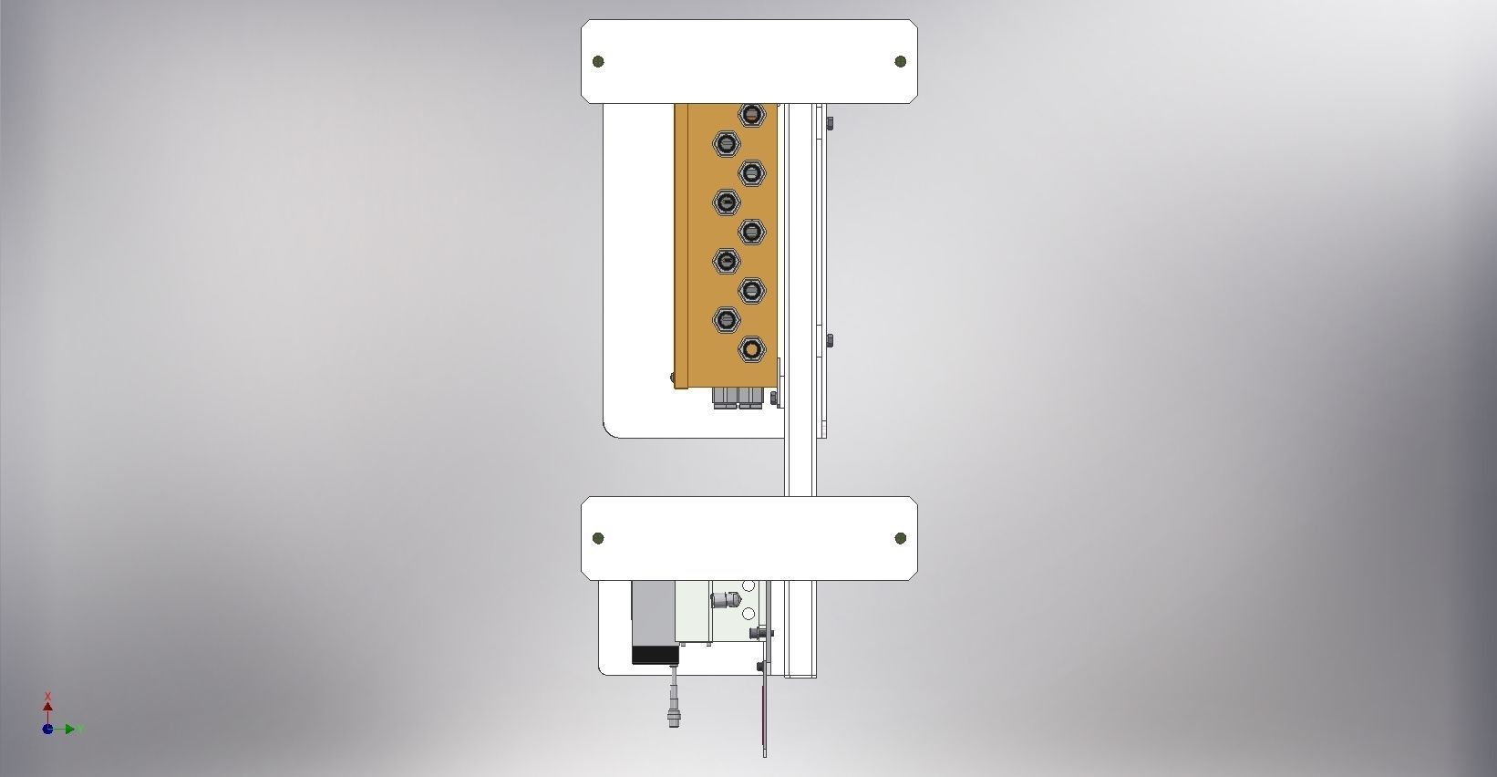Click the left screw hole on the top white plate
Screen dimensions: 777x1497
pos(598,61)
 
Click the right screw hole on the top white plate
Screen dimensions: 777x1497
pos(901,61)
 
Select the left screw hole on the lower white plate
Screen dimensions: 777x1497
pos(598,538)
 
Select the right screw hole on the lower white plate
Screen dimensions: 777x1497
pos(901,538)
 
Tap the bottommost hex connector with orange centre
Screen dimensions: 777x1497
pos(750,348)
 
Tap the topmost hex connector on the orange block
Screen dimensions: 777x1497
pos(750,115)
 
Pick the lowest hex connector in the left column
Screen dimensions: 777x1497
pos(726,319)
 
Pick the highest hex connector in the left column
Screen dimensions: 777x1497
pos(726,143)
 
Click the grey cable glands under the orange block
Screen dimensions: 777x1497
pos(737,397)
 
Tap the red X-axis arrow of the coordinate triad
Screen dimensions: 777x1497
pos(47,705)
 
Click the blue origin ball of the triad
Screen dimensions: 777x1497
pos(47,729)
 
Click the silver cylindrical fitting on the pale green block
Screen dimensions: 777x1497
pos(724,600)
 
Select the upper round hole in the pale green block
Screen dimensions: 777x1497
pos(748,585)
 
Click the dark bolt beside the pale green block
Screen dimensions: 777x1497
pos(758,632)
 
